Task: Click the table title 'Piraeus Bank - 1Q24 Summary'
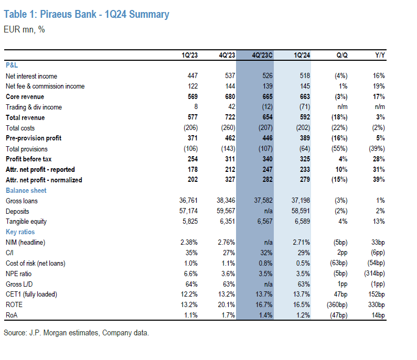tap(87, 14)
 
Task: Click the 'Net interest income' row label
tap(31, 76)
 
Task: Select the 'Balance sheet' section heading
tap(26, 190)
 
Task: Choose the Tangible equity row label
tap(26, 221)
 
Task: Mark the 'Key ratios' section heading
tap(20, 232)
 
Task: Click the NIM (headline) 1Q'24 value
tap(302, 242)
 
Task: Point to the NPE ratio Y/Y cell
tap(373, 273)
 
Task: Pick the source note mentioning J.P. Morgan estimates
tap(76, 333)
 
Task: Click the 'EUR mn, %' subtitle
tap(24, 29)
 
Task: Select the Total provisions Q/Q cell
tap(338, 149)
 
